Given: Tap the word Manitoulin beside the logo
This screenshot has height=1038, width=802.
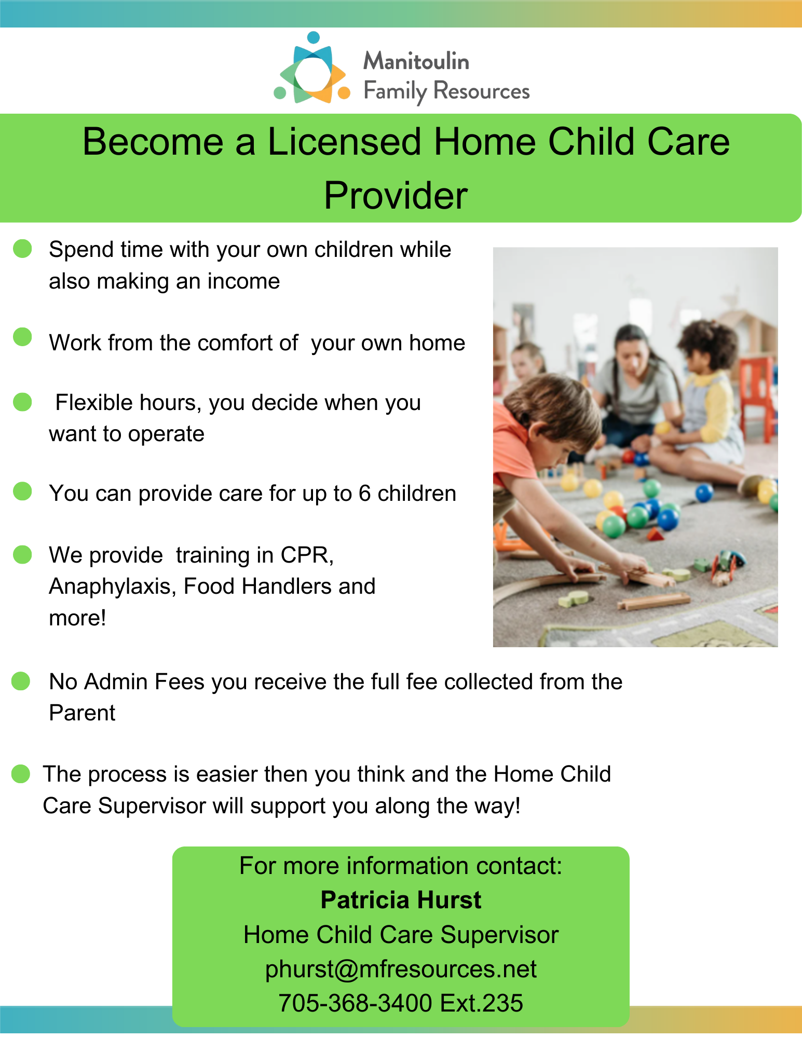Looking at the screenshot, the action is [416, 61].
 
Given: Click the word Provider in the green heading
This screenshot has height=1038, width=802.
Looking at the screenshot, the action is [396, 196].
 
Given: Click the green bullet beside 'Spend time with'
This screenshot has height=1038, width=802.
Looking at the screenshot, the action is [22, 248].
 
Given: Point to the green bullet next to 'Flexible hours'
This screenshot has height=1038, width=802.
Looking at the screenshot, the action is [22, 401].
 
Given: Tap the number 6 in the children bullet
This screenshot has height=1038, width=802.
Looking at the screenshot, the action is [364, 494].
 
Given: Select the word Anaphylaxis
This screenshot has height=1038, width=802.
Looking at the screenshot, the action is [113, 587].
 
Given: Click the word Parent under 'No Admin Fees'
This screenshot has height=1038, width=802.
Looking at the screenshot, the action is [82, 713].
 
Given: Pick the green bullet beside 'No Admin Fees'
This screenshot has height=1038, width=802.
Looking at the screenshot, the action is [21, 681].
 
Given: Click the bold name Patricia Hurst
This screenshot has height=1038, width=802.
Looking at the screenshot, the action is [401, 900].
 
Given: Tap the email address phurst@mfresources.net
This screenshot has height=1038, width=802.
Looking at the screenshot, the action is [401, 969].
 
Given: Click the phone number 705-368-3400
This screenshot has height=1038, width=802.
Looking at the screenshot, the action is [355, 1003].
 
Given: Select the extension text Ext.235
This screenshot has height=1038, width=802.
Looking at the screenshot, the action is [481, 1003].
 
